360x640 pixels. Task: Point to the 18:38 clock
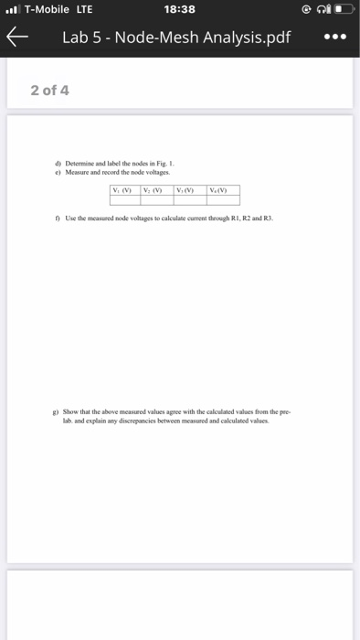click(179, 10)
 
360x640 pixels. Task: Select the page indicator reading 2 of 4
click(49, 91)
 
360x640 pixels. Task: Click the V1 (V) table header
click(122, 191)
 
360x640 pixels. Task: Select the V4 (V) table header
click(223, 191)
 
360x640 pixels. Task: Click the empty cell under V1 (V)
click(122, 200)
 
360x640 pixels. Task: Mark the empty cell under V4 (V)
click(223, 200)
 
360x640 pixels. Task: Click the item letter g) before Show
click(58, 413)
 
